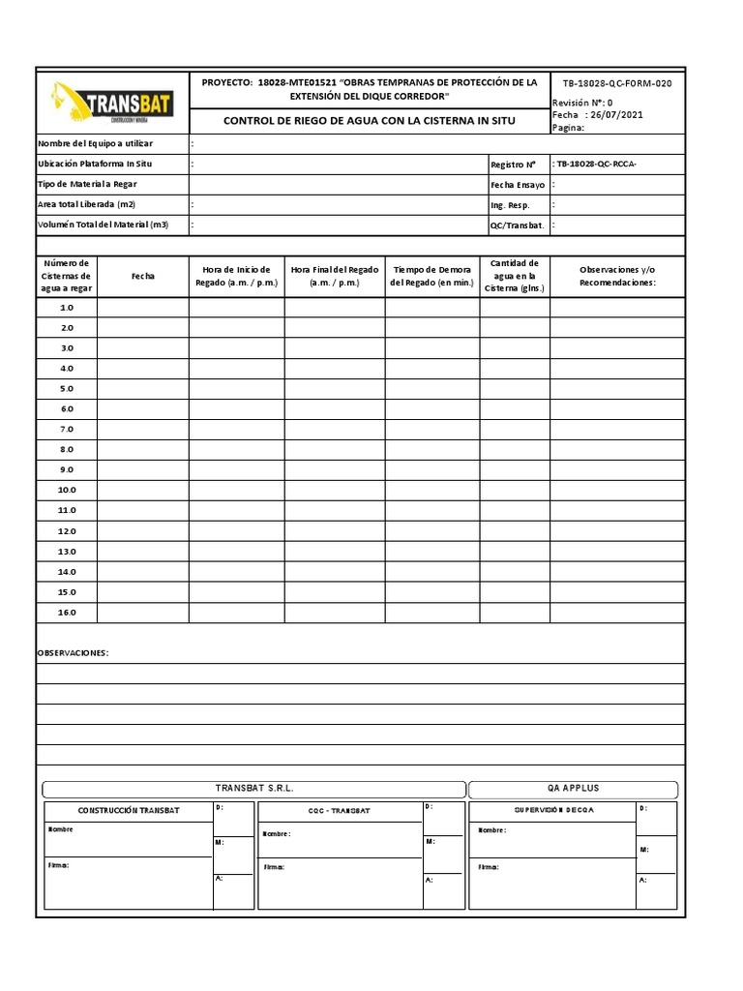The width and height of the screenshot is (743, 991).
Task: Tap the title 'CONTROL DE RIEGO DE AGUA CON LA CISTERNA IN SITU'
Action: click(x=369, y=121)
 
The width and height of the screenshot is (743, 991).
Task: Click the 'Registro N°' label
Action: click(x=513, y=165)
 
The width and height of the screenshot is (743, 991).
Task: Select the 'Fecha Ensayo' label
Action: click(x=518, y=185)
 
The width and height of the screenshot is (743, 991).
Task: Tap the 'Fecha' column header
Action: click(x=142, y=276)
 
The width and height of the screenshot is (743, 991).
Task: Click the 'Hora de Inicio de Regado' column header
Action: click(x=236, y=276)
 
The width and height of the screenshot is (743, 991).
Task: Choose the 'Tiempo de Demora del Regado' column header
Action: click(x=431, y=276)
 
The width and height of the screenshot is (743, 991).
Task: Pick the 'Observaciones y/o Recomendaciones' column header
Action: click(x=616, y=276)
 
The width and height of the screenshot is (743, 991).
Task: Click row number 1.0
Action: click(x=67, y=308)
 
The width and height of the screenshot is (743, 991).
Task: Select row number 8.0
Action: click(x=67, y=450)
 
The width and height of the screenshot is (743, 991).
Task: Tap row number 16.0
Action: click(x=67, y=613)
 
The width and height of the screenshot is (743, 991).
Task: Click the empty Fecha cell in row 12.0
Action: click(x=142, y=531)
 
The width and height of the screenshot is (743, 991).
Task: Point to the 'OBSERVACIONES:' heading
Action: click(x=73, y=653)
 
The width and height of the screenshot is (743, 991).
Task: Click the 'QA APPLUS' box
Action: click(x=573, y=789)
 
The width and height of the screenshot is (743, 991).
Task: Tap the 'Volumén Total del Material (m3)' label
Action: click(x=103, y=225)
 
